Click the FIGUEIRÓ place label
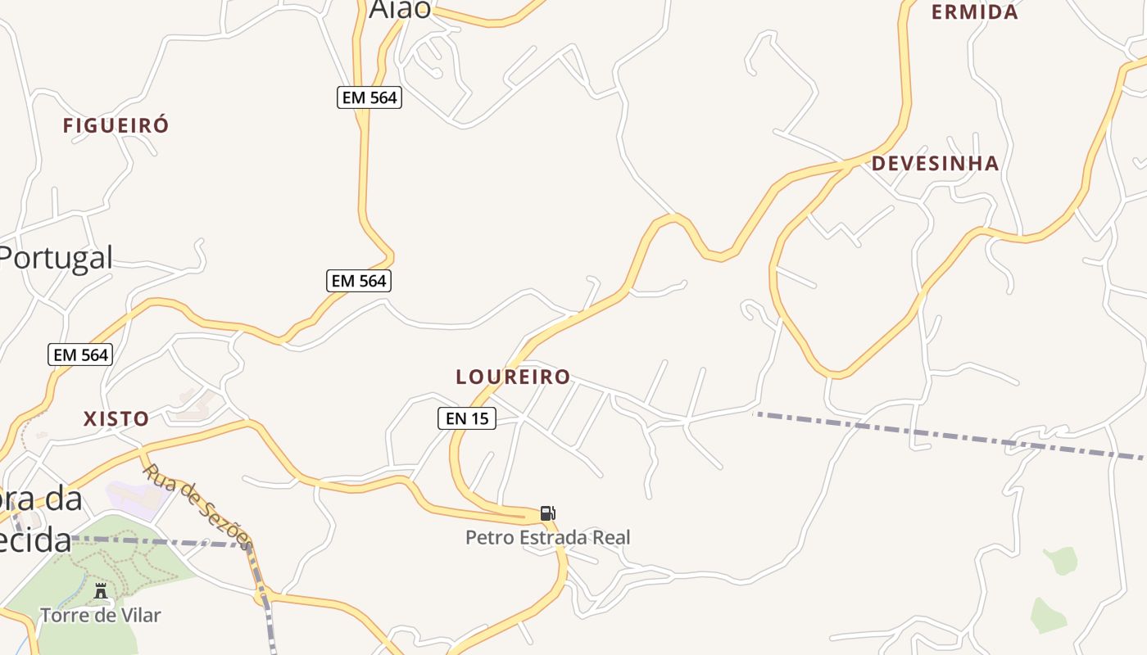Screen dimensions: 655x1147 [x=116, y=125]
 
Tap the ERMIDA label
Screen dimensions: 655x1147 [x=975, y=12]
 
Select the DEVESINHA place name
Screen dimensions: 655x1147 [x=935, y=164]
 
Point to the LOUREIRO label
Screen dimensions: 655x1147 [x=513, y=377]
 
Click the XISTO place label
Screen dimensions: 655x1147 [x=116, y=419]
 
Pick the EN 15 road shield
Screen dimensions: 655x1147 [x=466, y=418]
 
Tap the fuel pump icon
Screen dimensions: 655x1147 [x=547, y=513]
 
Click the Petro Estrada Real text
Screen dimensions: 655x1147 [x=548, y=538]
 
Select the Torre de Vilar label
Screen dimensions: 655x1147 [x=101, y=615]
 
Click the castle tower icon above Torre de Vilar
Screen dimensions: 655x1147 [x=101, y=590]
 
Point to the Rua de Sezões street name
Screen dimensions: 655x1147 [x=197, y=506]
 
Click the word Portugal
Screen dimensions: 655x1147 [x=56, y=258]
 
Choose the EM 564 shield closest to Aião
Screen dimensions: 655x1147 [x=369, y=97]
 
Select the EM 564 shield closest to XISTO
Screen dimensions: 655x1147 [x=80, y=355]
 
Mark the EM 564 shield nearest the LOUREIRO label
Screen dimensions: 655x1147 [x=359, y=281]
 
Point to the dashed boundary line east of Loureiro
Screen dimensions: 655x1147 [x=942, y=433]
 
